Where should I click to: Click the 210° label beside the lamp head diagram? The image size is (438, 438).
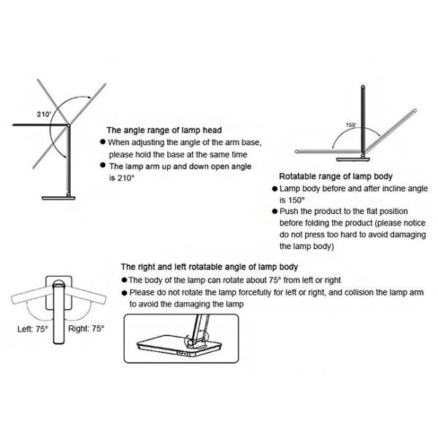pos(45,115)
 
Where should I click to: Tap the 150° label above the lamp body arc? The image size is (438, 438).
pos(351,125)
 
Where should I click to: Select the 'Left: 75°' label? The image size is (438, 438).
pos(33,329)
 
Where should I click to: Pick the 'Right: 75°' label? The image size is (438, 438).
pos(86,328)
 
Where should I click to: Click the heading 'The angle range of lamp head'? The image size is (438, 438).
pos(164,130)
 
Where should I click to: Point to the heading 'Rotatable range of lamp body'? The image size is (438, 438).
pos(336,177)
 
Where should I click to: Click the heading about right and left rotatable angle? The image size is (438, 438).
pos(210,266)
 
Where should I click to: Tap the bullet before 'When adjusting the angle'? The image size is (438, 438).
pos(103,142)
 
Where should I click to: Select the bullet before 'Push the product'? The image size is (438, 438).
pos(274,211)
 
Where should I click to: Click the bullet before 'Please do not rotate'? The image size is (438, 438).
pos(125,293)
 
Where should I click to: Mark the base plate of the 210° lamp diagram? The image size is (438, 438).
pos(58,198)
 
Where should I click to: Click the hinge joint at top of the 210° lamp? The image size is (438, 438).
pos(69,126)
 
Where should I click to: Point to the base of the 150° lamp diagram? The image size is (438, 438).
pos(353,159)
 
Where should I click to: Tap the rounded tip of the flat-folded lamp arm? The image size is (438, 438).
pos(296,152)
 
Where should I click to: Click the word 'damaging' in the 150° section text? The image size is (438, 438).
pos(408,234)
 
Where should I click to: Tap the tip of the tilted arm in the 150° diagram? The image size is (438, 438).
pos(415,111)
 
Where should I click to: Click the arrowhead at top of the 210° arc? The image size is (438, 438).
pos(89,97)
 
